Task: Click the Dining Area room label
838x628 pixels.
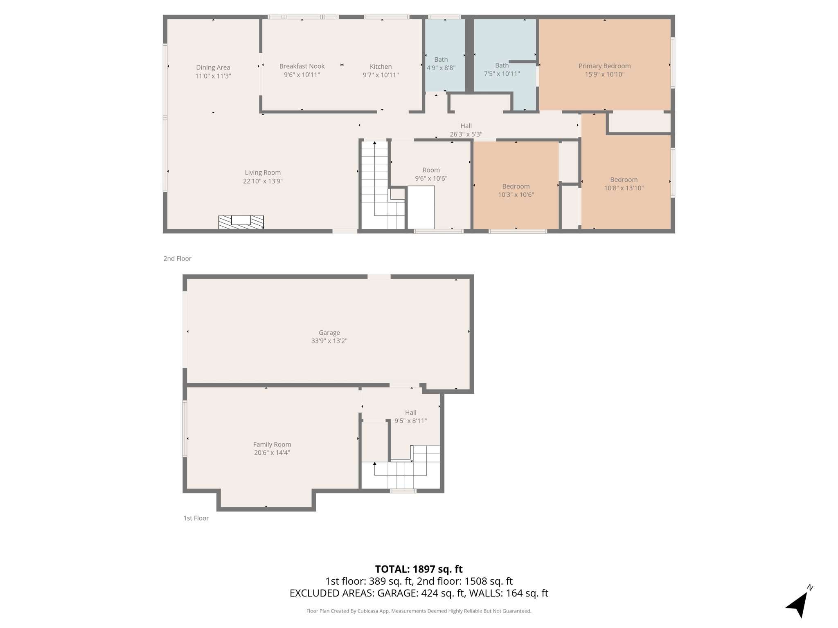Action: pos(213,67)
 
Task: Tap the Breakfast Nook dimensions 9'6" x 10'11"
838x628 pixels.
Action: pos(302,75)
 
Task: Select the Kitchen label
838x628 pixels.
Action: pos(381,67)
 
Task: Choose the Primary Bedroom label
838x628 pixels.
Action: pos(604,66)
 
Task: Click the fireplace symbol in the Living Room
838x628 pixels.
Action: pos(241,222)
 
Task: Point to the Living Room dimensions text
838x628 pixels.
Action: pos(263,181)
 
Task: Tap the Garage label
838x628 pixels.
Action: pos(329,333)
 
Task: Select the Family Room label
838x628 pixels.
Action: pos(272,444)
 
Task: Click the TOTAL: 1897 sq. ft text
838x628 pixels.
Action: pos(419,569)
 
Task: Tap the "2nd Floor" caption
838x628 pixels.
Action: pos(177,258)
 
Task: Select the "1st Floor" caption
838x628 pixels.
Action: pos(196,518)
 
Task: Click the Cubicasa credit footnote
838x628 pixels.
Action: pos(419,611)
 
